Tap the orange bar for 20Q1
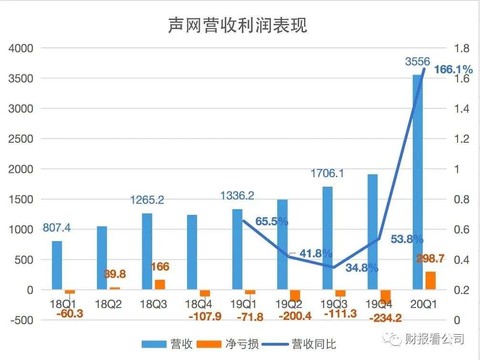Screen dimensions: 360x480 pos(430,281)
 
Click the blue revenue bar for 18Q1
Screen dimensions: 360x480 pos(57,265)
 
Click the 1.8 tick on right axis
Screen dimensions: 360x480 pos(462,48)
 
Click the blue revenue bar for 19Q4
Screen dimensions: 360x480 pos(372,232)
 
